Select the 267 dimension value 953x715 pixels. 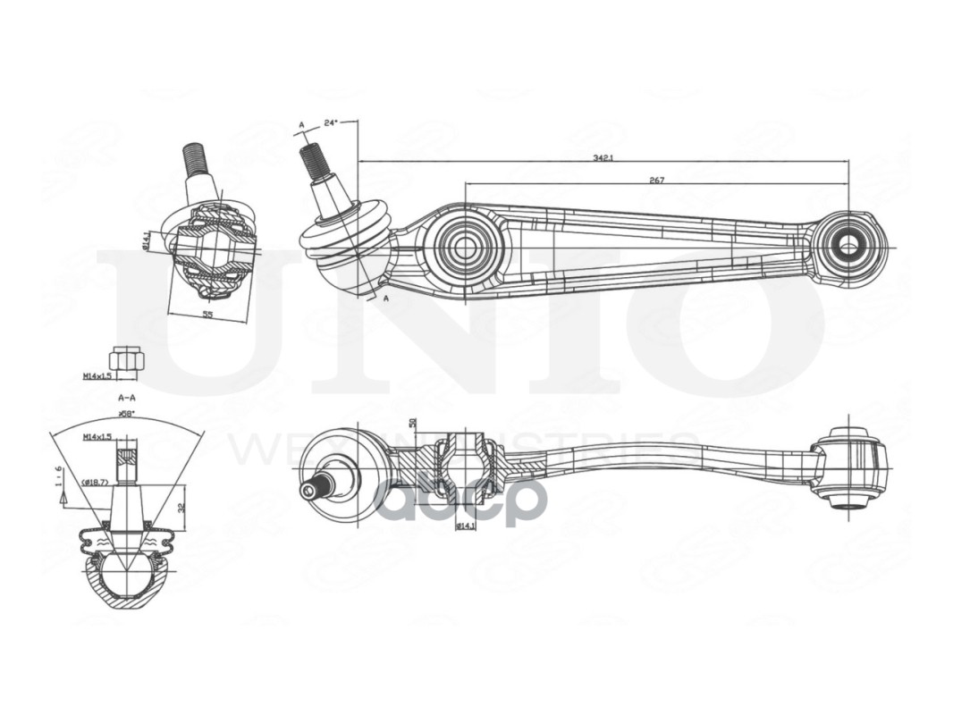pos(656,180)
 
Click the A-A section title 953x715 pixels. pos(126,397)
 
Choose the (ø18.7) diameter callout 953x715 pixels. pos(95,483)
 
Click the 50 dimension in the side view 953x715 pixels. pos(413,423)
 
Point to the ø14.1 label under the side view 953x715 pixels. pos(466,526)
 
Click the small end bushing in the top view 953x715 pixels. pos(845,244)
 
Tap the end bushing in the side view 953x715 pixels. pos(850,467)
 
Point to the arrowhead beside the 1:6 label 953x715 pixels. pos(63,498)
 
